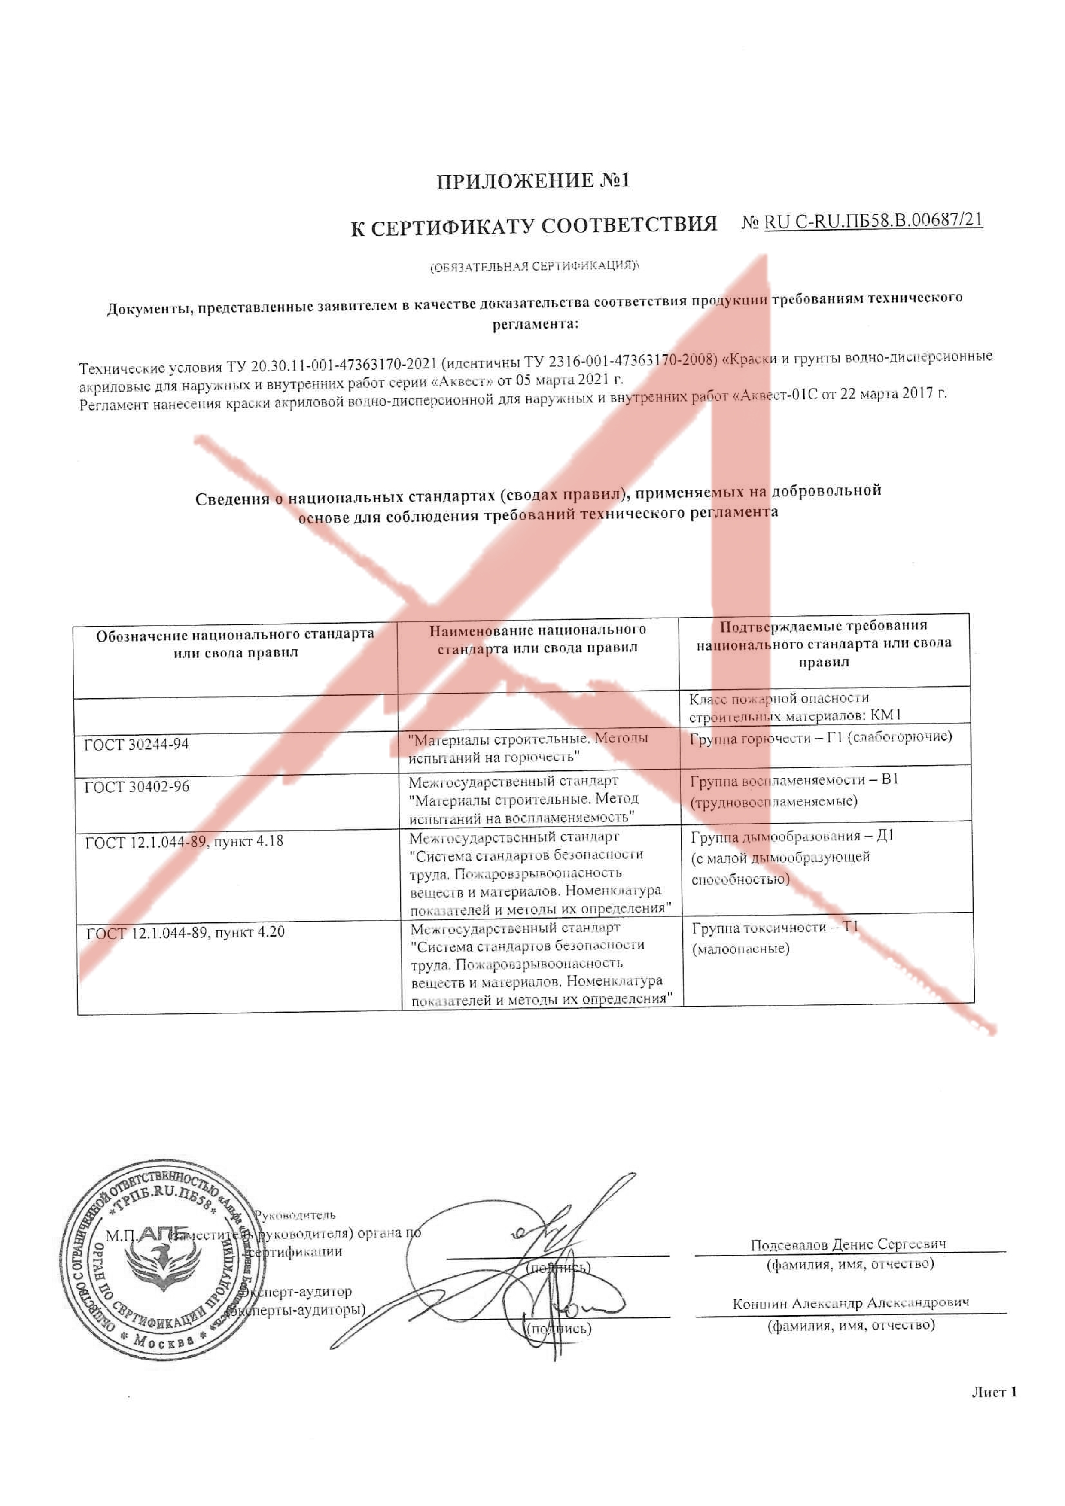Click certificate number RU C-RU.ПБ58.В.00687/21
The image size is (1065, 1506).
pos(873,221)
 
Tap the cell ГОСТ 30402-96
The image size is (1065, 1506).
pos(137,786)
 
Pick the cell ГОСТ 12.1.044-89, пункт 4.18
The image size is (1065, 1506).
pos(184,842)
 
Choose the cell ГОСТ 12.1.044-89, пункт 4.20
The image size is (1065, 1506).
pos(186,932)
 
